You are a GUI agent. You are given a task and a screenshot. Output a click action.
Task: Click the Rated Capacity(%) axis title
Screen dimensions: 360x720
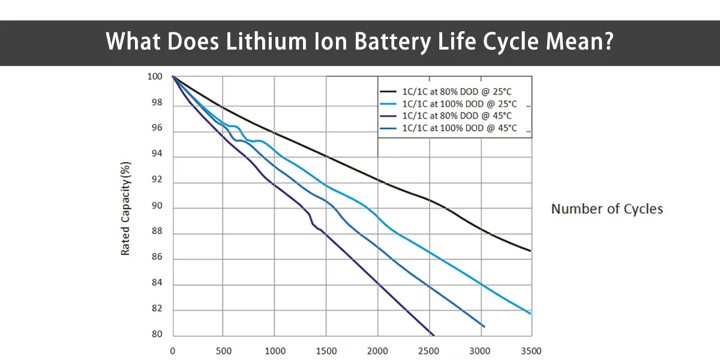(126, 208)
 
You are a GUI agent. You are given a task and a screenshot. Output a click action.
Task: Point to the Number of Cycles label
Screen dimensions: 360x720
(607, 209)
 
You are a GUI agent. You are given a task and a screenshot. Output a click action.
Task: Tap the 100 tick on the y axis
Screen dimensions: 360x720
(155, 77)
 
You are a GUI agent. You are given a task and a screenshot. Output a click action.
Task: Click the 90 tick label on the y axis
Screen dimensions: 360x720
(157, 208)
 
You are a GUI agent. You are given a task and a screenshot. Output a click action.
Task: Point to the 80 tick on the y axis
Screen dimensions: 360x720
(157, 335)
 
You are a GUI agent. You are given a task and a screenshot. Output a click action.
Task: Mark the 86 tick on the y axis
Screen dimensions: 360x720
(157, 259)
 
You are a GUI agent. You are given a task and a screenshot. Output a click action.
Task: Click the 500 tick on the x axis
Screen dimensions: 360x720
(223, 351)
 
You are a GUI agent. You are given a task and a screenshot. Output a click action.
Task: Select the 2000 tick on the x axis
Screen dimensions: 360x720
(377, 351)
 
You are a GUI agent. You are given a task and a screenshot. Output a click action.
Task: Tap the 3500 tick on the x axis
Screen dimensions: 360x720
(531, 351)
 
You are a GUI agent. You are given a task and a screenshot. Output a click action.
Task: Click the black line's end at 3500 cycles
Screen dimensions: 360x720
(530, 251)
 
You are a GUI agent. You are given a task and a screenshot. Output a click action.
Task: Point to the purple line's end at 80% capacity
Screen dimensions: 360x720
(433, 335)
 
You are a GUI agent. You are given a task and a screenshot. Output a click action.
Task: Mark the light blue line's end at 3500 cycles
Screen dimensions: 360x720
(530, 313)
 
